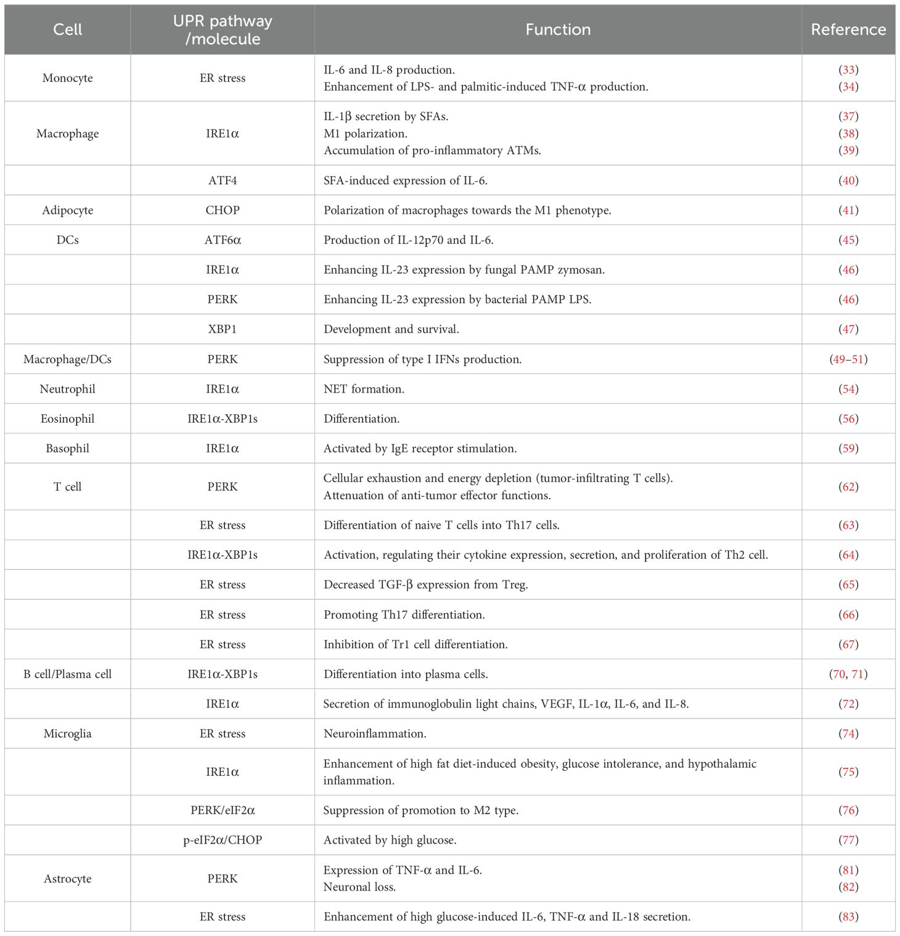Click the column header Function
[557, 30]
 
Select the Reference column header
[848, 30]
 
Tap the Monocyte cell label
[68, 78]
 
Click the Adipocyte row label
[68, 210]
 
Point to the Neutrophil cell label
[68, 389]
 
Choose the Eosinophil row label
[68, 419]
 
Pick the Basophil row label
[68, 449]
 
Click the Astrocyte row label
[68, 879]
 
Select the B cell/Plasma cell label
[68, 674]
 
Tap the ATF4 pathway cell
[223, 181]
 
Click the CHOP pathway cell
[223, 210]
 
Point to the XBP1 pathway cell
[223, 329]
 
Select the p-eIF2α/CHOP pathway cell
[223, 840]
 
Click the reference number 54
[849, 389]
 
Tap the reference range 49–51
[848, 359]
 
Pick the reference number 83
[849, 917]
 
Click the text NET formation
[364, 389]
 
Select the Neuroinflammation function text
[375, 734]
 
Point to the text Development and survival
[391, 329]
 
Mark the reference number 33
[849, 70]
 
